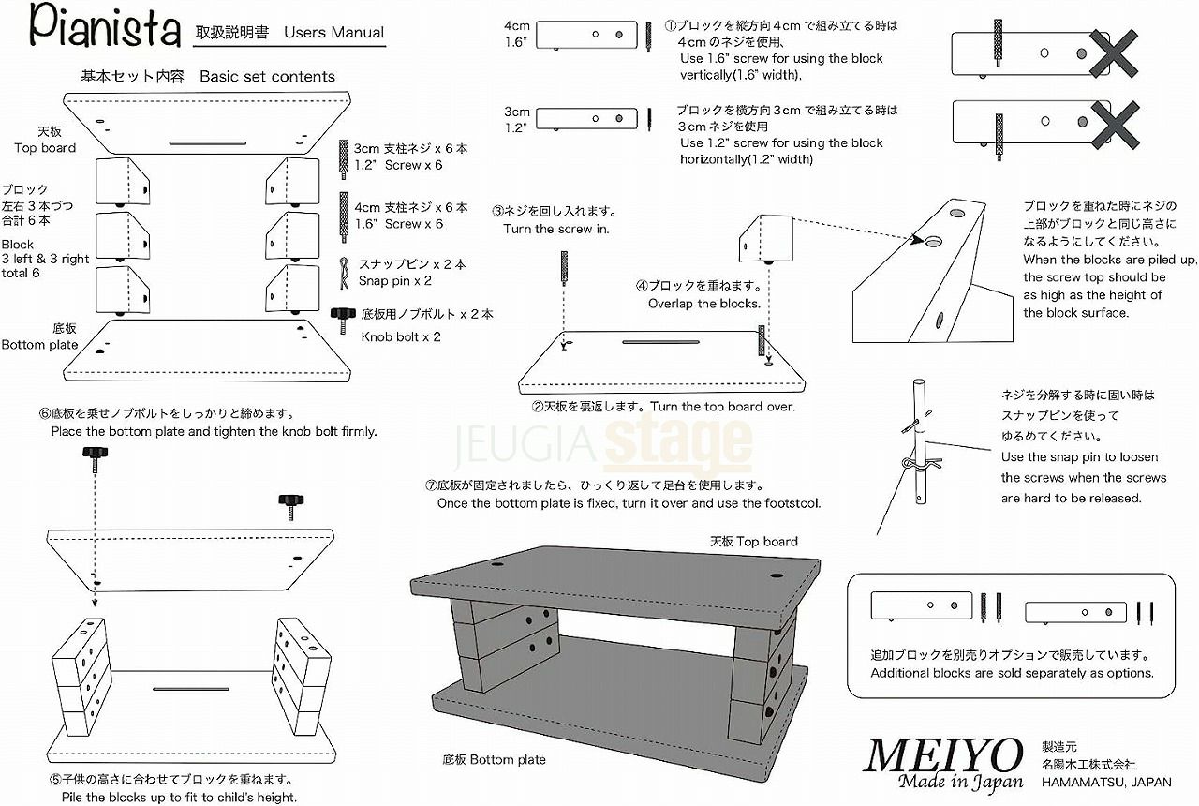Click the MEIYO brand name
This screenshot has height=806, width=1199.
click(943, 756)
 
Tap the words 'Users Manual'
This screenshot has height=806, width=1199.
click(334, 32)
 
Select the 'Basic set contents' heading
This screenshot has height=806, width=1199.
click(267, 77)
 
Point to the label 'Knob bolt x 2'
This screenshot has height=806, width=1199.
click(401, 336)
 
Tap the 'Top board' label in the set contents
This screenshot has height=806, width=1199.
click(45, 148)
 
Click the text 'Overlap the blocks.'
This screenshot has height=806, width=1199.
click(703, 304)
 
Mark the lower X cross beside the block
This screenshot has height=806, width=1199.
click(1112, 122)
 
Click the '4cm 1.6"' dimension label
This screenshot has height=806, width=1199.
click(517, 34)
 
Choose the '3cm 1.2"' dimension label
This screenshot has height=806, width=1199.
click(517, 118)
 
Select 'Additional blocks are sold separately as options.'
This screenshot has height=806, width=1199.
click(1012, 673)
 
